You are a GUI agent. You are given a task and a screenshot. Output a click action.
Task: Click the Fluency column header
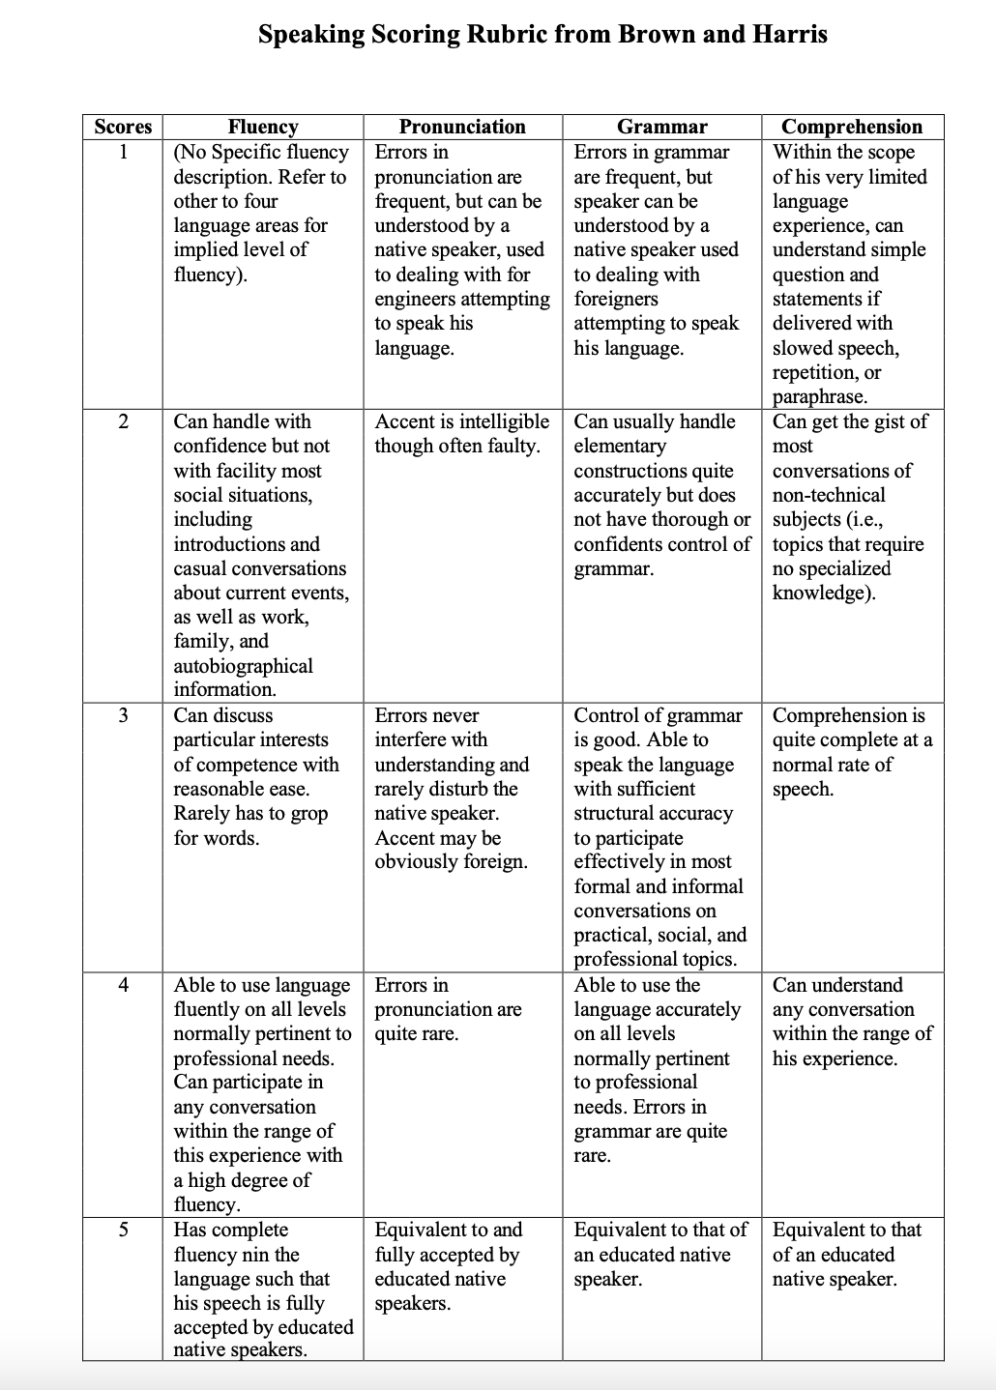pyautogui.click(x=262, y=127)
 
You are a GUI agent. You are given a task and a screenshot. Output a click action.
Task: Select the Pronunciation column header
pyautogui.click(x=462, y=127)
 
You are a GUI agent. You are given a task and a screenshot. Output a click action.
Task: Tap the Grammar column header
pyautogui.click(x=661, y=127)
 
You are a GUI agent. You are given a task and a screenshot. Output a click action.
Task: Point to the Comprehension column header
pyautogui.click(x=851, y=127)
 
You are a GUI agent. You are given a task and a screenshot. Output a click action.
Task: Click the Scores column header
pyautogui.click(x=123, y=127)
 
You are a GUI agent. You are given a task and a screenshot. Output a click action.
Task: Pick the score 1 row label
pyautogui.click(x=123, y=152)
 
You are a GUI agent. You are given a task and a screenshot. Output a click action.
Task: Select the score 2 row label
pyautogui.click(x=123, y=421)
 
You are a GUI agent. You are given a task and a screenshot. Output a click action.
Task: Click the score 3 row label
pyautogui.click(x=123, y=715)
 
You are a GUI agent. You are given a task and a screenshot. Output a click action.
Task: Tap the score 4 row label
pyautogui.click(x=123, y=985)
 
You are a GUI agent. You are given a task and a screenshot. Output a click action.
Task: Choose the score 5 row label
pyautogui.click(x=123, y=1230)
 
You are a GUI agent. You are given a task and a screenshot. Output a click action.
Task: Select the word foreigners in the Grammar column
pyautogui.click(x=615, y=300)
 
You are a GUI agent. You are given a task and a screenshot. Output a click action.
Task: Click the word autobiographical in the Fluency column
pyautogui.click(x=243, y=666)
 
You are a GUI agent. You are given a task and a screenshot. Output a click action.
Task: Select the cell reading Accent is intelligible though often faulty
pyautogui.click(x=461, y=434)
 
